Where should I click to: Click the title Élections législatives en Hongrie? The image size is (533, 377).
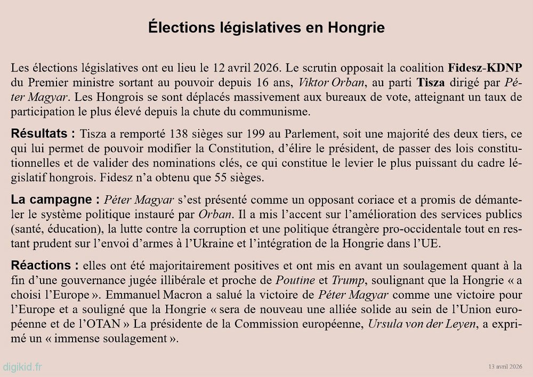tap(266, 28)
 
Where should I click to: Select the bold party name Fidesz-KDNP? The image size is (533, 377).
tap(485, 69)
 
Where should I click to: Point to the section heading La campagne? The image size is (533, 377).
tap(55, 200)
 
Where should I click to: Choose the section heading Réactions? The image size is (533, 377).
tap(45, 266)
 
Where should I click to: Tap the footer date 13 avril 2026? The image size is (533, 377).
tap(505, 367)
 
